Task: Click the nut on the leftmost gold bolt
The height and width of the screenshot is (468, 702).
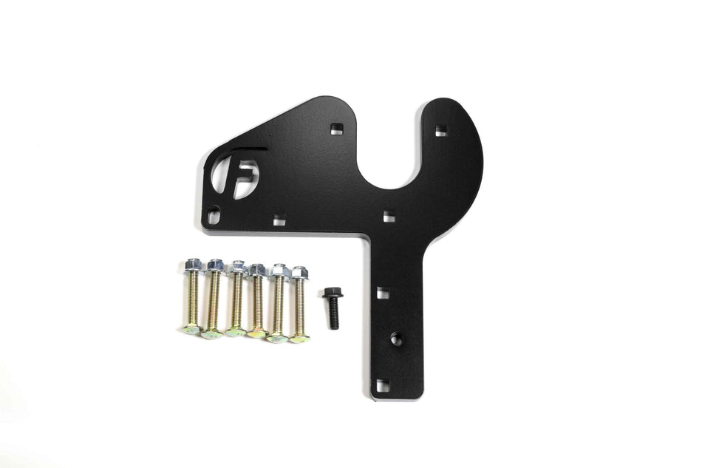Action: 194,265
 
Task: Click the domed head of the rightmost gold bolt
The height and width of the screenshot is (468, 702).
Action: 299,338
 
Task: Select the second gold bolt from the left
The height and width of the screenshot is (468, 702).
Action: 214,299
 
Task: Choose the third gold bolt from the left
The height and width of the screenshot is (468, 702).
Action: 236,299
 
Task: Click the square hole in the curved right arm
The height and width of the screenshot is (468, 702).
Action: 441,131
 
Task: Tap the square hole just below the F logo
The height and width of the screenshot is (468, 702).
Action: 279,220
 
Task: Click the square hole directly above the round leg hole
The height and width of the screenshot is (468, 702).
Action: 383,293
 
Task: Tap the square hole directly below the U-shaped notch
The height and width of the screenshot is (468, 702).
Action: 389,216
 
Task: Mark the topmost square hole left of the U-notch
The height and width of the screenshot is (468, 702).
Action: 337,129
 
